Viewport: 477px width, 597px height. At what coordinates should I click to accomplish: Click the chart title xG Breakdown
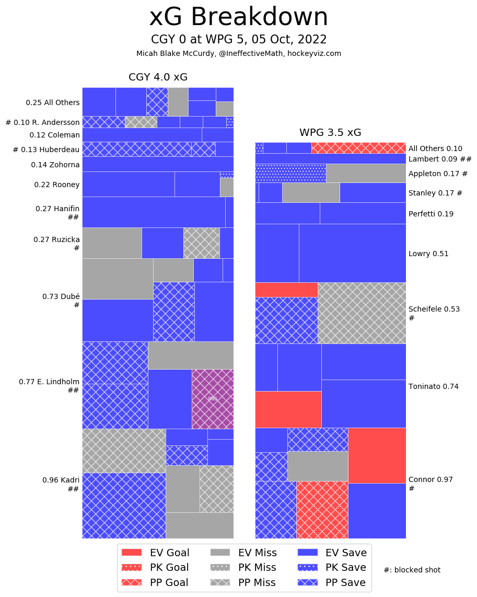coord(238,17)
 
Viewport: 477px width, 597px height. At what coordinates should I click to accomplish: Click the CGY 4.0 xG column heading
coord(158,77)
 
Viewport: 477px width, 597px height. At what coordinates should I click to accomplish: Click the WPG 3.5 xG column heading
coord(330,132)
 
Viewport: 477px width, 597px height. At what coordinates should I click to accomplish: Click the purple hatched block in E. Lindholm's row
coord(213,399)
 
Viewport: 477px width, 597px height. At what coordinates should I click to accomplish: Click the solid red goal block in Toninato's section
coord(288,409)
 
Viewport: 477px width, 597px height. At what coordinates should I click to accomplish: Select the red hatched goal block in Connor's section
coord(322,510)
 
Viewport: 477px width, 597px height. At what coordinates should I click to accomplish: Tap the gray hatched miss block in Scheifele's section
coord(362,313)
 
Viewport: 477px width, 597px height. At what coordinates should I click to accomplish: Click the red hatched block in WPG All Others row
coord(358,148)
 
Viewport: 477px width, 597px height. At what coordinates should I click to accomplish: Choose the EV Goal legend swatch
coord(131,553)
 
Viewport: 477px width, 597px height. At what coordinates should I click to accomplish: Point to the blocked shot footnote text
coord(412,570)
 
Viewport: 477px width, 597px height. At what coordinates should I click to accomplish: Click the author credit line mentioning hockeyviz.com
coord(238,53)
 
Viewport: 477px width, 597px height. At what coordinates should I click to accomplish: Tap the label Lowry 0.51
coord(428,254)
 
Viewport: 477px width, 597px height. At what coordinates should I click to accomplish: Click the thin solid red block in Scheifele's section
coord(286,290)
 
